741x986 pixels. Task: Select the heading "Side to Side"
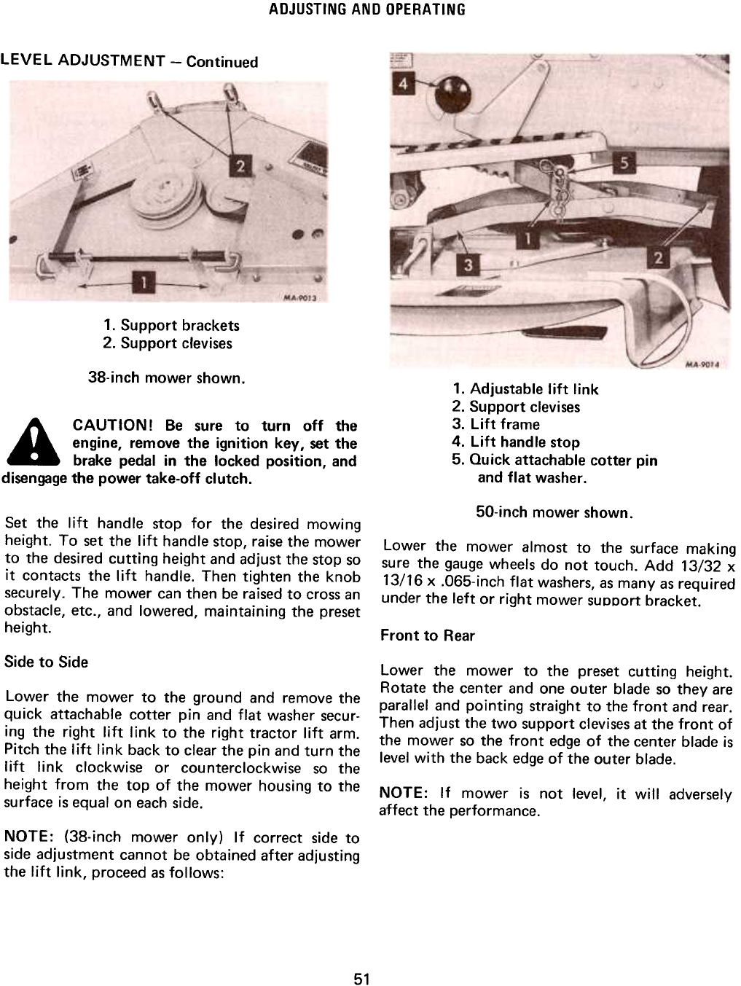point(46,662)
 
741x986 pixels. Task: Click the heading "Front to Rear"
point(427,635)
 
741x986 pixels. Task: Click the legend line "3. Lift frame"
point(495,424)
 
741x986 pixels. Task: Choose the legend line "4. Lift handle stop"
point(515,442)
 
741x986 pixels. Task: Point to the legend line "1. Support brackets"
point(171,325)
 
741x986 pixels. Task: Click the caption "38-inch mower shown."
point(165,378)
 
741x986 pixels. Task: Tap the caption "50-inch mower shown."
point(554,512)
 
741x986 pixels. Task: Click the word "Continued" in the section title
point(222,62)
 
